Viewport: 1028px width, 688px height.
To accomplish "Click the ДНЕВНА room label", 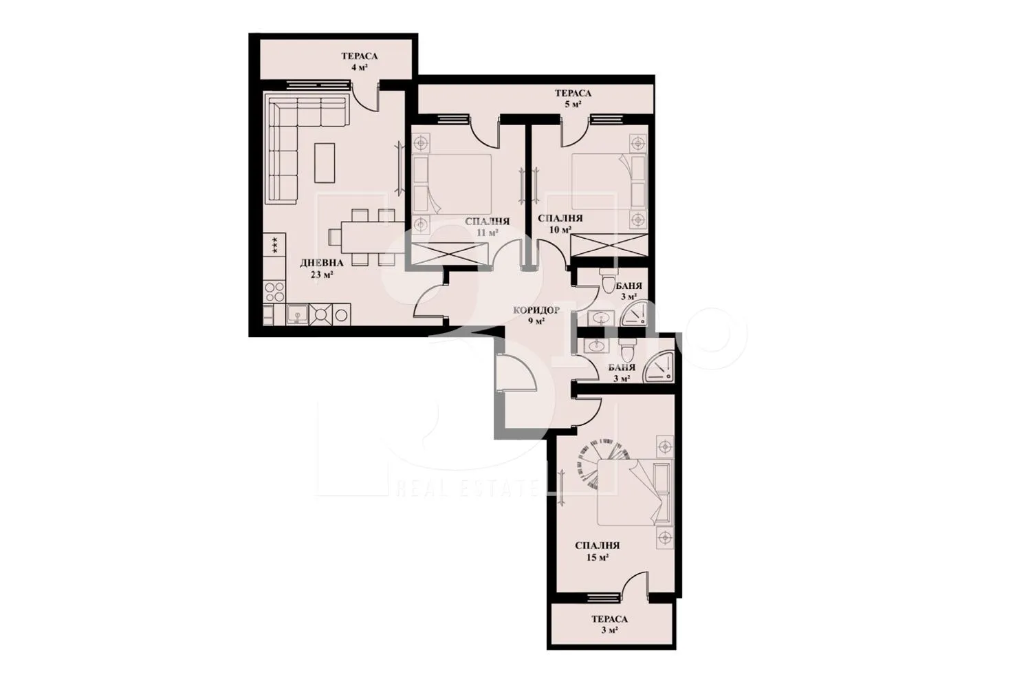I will (x=317, y=263).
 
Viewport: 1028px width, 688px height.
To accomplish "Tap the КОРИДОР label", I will (x=536, y=310).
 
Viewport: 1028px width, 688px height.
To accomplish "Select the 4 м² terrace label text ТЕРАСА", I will (x=360, y=57).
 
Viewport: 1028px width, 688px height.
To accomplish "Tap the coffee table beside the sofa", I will (x=325, y=162).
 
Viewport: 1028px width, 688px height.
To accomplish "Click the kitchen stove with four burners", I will (x=274, y=292).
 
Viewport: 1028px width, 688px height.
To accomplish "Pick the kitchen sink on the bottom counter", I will (x=297, y=315).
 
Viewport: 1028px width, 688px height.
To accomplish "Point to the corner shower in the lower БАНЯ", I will (x=659, y=368).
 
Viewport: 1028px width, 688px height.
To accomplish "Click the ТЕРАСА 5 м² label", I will (x=573, y=94).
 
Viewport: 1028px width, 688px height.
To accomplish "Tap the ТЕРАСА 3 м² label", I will (x=609, y=619).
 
